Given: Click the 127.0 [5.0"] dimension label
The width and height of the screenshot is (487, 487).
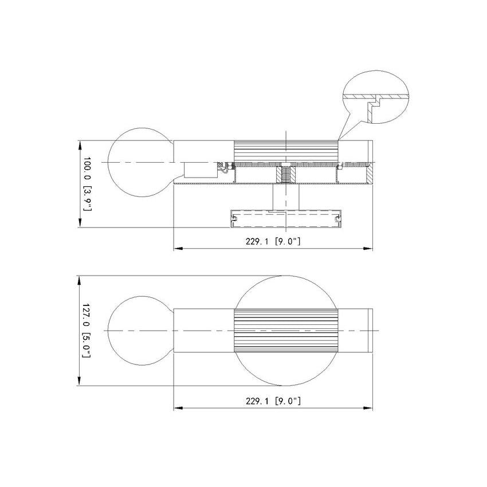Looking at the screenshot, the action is (x=87, y=330).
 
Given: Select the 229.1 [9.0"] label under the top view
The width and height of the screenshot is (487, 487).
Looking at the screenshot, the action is (x=273, y=241).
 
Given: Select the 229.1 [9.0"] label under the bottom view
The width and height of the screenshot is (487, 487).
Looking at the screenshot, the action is (x=273, y=401).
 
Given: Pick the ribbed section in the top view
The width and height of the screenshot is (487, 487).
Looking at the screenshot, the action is (x=286, y=151).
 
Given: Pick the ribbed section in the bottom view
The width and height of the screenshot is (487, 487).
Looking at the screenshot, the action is (x=286, y=331).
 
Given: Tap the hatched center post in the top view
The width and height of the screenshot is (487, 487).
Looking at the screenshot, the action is (x=286, y=175).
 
